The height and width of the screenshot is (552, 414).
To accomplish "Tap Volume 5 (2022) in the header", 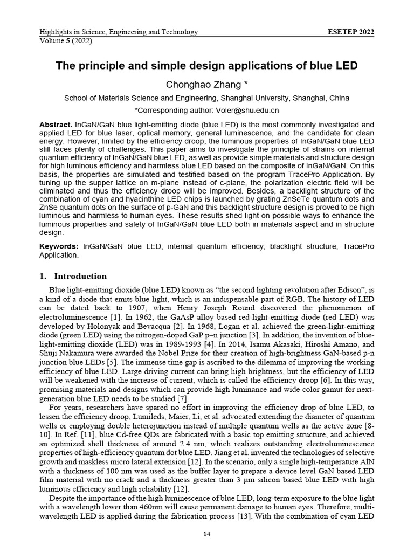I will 66,40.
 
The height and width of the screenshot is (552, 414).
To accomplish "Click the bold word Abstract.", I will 56,125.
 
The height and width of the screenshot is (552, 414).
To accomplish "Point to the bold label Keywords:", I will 60,246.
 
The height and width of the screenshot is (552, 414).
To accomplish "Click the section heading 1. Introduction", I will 73,277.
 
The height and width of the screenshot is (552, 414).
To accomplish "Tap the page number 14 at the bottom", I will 206,534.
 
